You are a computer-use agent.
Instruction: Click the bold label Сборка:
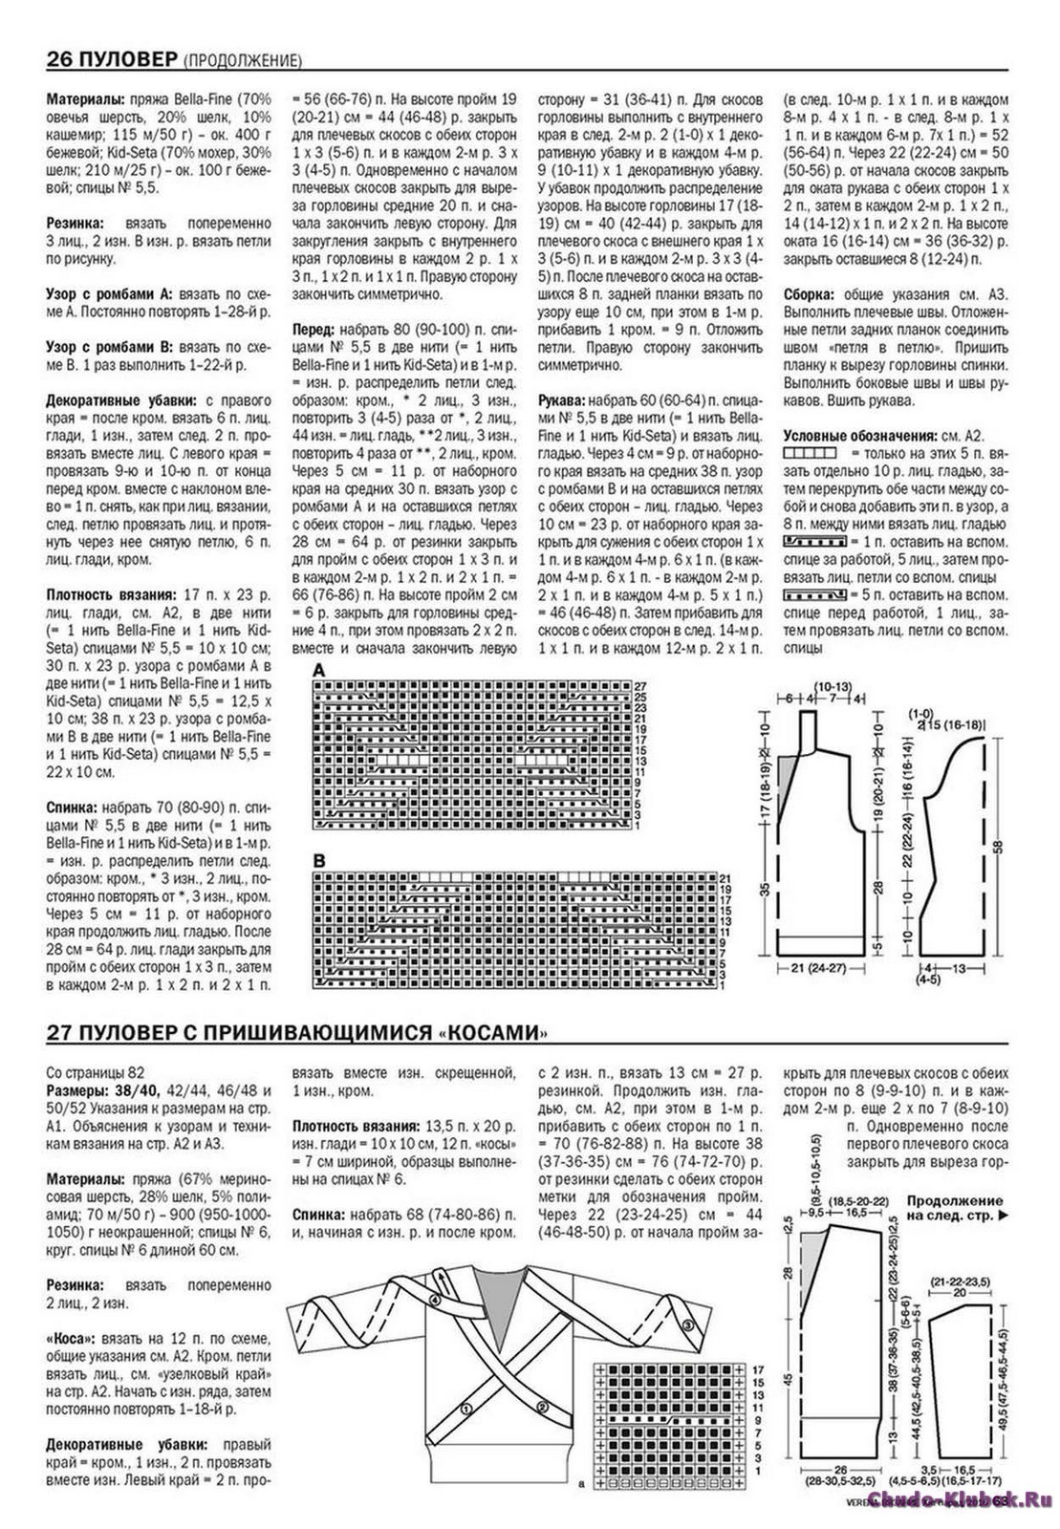(x=810, y=294)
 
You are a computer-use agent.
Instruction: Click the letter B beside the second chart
(x=319, y=860)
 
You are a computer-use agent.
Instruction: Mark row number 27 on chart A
(x=641, y=686)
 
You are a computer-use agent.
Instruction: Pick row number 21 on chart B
(x=725, y=877)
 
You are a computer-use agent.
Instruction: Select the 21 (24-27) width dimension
(x=811, y=969)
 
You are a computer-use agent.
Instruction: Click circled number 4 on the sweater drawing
(x=435, y=1301)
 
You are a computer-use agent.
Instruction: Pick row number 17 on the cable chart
(x=757, y=1369)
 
